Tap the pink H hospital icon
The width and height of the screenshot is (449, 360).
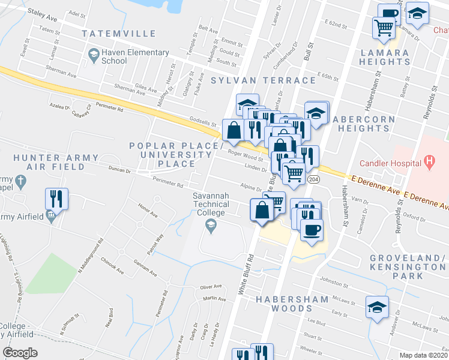coord(429,161)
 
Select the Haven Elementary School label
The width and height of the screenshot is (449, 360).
coord(122,56)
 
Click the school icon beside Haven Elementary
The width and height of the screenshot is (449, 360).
coord(93,56)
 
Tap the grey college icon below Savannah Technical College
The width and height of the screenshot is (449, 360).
coord(210,226)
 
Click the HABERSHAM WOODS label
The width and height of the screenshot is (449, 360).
coord(292,304)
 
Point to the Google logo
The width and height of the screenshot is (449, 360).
coord(20,353)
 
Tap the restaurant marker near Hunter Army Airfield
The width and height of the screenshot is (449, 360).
coord(57,198)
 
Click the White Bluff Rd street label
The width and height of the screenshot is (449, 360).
coord(246,273)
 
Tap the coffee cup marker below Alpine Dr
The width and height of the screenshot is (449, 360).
coord(311,230)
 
